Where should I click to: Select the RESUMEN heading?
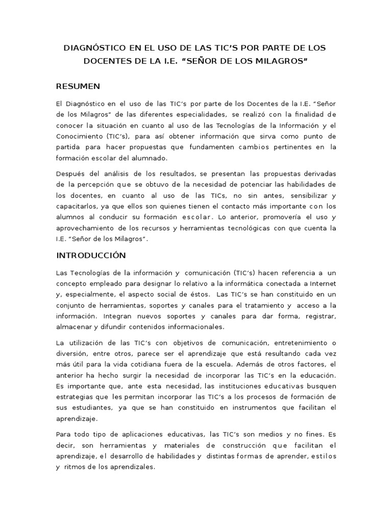(78, 85)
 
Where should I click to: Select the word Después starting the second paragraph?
(71, 174)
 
